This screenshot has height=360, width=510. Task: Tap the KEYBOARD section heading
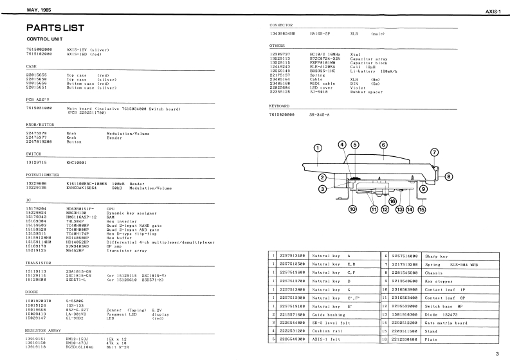click(x=280, y=105)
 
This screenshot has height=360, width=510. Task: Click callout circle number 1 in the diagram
click(x=317, y=148)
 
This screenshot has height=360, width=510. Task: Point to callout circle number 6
click(x=383, y=145)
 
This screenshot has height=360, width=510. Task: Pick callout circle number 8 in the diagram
click(x=449, y=176)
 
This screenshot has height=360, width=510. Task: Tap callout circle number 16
click(x=392, y=201)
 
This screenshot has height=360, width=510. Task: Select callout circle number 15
click(x=422, y=209)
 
